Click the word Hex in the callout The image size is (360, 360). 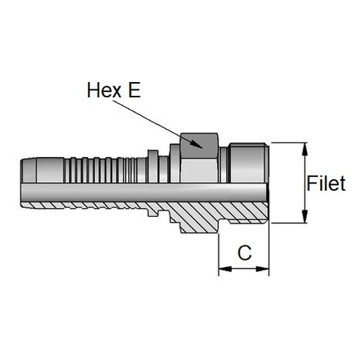[x=104, y=90]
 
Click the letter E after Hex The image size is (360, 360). [x=134, y=90]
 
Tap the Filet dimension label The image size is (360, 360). [x=326, y=184]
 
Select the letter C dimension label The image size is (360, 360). [x=245, y=253]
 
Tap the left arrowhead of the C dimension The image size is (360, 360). [x=225, y=269]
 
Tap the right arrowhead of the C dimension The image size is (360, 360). [x=263, y=269]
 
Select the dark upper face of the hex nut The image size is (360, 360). [x=199, y=145]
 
